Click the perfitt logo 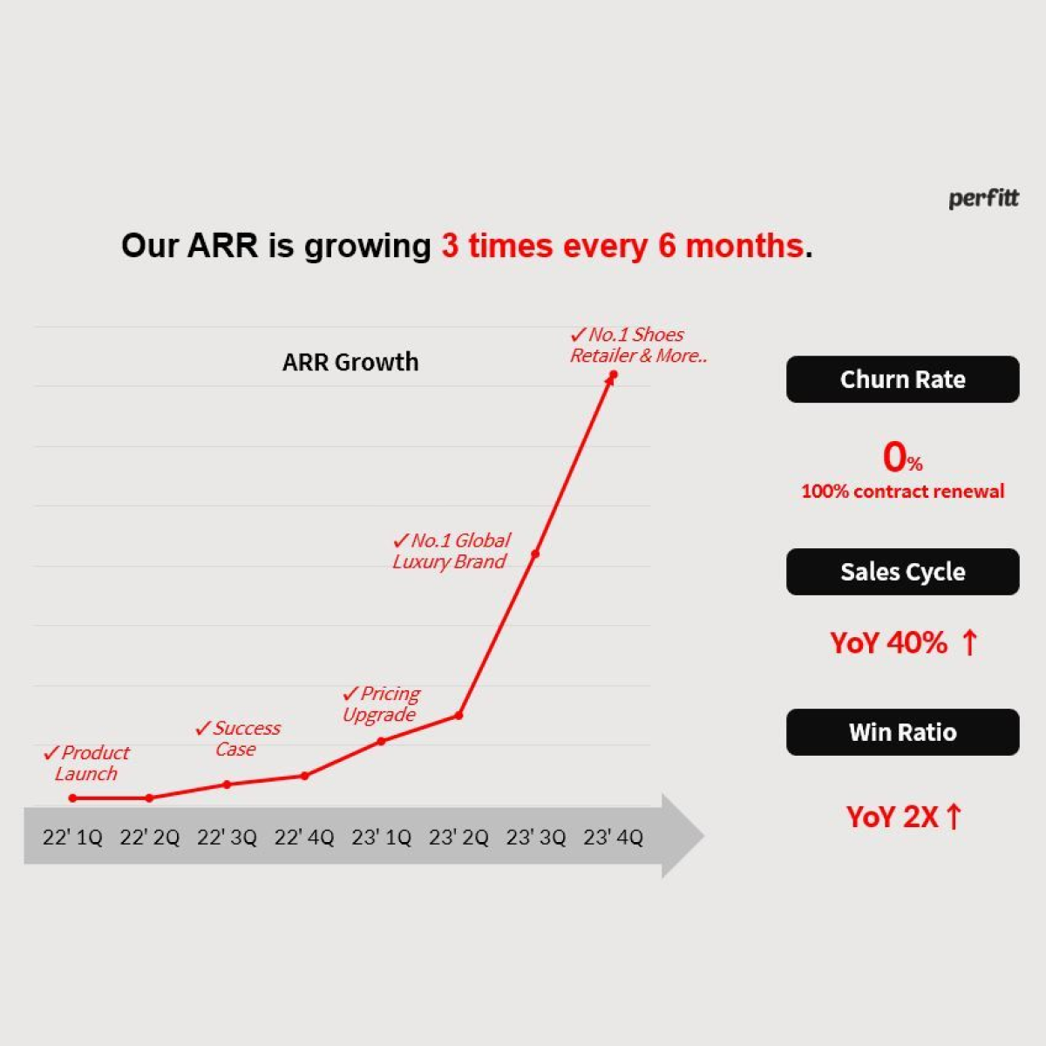pyautogui.click(x=983, y=199)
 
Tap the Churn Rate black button pyautogui.click(x=903, y=379)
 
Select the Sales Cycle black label pyautogui.click(x=903, y=572)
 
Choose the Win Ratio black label pyautogui.click(x=903, y=731)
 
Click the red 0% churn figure pyautogui.click(x=902, y=457)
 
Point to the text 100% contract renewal pyautogui.click(x=903, y=492)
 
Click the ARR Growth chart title pyautogui.click(x=350, y=362)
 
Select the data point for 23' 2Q pyautogui.click(x=458, y=716)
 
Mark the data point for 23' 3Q pyautogui.click(x=535, y=554)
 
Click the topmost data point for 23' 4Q pyautogui.click(x=614, y=375)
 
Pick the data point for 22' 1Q pyautogui.click(x=72, y=798)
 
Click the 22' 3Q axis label pyautogui.click(x=227, y=838)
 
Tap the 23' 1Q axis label pyautogui.click(x=382, y=838)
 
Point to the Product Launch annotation pyautogui.click(x=87, y=763)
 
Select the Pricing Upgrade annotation pyautogui.click(x=381, y=704)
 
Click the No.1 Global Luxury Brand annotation pyautogui.click(x=451, y=551)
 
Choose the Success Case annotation pyautogui.click(x=238, y=738)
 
